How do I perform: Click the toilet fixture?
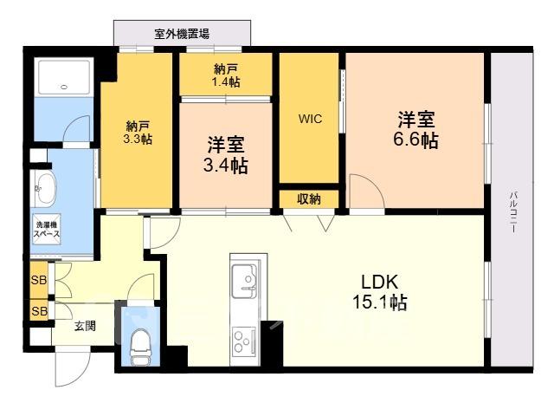(140, 347)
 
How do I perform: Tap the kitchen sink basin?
(244, 277)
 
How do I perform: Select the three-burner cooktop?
(244, 341)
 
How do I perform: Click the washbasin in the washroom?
(45, 189)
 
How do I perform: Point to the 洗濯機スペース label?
(46, 229)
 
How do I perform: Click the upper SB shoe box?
(39, 280)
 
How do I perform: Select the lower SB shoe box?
(39, 311)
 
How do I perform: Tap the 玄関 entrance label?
(85, 326)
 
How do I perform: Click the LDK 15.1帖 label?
(380, 292)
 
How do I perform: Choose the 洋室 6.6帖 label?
(415, 129)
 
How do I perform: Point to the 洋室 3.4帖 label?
(225, 155)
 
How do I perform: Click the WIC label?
(310, 119)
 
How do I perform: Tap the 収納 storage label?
(309, 199)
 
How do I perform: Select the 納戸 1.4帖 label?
(226, 75)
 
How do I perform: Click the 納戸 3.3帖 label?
(138, 133)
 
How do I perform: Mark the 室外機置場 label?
(182, 34)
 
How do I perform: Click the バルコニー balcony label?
(513, 211)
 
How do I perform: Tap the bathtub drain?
(64, 87)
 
